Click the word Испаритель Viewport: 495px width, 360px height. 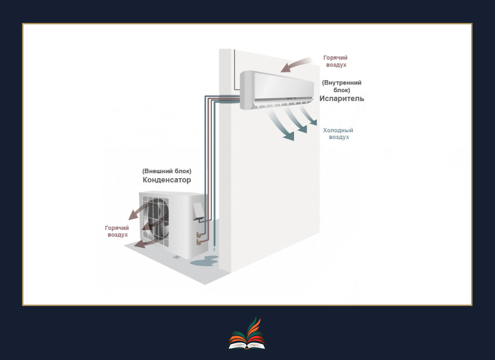pyautogui.click(x=342, y=99)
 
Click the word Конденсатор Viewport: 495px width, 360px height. pyautogui.click(x=166, y=180)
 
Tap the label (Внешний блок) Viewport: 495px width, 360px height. pyautogui.click(x=166, y=171)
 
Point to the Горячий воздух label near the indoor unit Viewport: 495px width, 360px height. pyautogui.click(x=335, y=61)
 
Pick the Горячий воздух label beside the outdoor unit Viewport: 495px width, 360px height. pyautogui.click(x=117, y=231)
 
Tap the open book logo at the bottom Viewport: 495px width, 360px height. pyautogui.click(x=247, y=335)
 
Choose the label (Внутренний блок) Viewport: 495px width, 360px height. pyautogui.click(x=342, y=86)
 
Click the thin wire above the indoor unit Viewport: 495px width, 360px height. pyautogui.click(x=234, y=67)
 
